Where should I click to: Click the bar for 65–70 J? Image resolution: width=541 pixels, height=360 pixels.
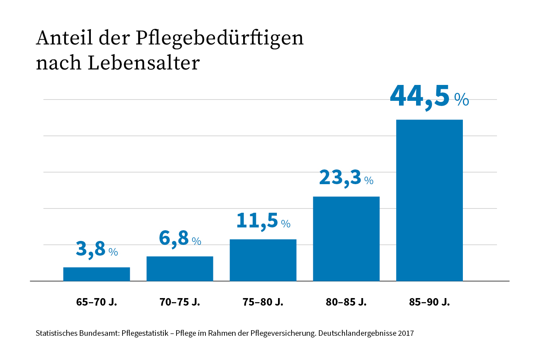click(x=96, y=274)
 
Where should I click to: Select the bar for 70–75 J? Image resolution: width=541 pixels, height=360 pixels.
click(x=180, y=269)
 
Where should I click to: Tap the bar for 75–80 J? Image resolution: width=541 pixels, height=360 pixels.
click(x=263, y=260)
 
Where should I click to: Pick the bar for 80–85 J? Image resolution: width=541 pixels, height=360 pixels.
click(x=346, y=239)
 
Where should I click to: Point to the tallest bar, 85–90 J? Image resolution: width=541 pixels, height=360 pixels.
click(x=430, y=200)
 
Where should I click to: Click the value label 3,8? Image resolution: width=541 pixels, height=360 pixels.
click(x=91, y=249)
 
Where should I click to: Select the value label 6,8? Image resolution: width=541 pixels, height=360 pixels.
click(x=174, y=238)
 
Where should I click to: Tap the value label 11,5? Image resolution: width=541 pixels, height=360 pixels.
click(x=257, y=221)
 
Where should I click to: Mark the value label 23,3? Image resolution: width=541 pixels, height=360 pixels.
click(x=340, y=177)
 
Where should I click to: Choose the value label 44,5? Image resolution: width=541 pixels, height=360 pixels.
click(x=420, y=96)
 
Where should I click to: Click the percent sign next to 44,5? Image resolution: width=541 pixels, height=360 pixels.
click(x=462, y=100)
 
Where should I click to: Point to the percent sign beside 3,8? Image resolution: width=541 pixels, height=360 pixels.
click(x=113, y=252)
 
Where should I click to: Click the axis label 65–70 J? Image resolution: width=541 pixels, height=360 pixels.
click(x=96, y=302)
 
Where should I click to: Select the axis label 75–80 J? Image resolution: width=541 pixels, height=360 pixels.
click(x=263, y=302)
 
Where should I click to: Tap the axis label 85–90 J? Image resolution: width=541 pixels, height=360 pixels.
click(x=430, y=302)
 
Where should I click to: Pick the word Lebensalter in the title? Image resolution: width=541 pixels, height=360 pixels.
click(x=143, y=63)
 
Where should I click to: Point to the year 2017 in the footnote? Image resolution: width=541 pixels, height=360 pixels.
click(x=406, y=333)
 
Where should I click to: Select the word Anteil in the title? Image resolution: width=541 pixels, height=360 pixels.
click(x=64, y=38)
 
